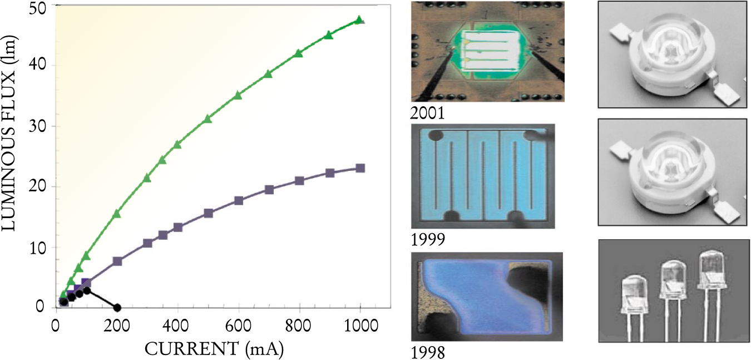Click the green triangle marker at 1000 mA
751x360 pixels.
[x=359, y=20]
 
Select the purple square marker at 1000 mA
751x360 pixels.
[x=360, y=168]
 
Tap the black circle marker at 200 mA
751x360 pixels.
[x=117, y=307]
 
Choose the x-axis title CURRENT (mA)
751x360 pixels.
[x=211, y=349]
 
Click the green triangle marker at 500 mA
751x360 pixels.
[x=208, y=119]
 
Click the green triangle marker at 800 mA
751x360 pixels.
[x=299, y=53]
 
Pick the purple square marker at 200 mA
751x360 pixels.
[x=117, y=261]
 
